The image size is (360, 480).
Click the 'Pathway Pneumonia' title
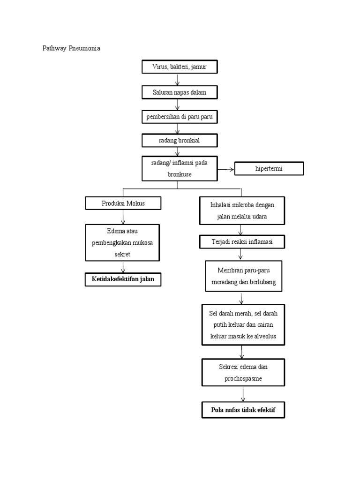(x=71, y=49)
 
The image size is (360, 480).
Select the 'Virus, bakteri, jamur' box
(x=180, y=67)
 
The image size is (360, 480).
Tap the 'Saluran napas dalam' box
(x=180, y=92)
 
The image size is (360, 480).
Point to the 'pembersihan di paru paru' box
(x=180, y=117)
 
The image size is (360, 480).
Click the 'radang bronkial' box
(x=180, y=140)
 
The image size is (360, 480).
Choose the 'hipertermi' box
(x=269, y=169)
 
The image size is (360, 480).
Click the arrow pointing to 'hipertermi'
(x=225, y=169)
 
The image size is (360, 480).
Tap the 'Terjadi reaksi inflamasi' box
(x=241, y=242)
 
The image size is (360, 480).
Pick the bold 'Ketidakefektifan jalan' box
(x=123, y=280)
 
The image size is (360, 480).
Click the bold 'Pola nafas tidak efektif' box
(x=243, y=410)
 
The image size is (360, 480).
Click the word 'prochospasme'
(x=243, y=378)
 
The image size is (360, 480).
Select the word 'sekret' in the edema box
(x=123, y=254)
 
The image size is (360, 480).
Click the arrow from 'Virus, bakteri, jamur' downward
(x=177, y=80)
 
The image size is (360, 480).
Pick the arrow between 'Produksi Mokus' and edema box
(x=123, y=217)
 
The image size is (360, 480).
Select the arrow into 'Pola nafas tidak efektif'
(x=243, y=394)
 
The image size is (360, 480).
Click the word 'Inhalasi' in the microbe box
(x=215, y=205)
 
